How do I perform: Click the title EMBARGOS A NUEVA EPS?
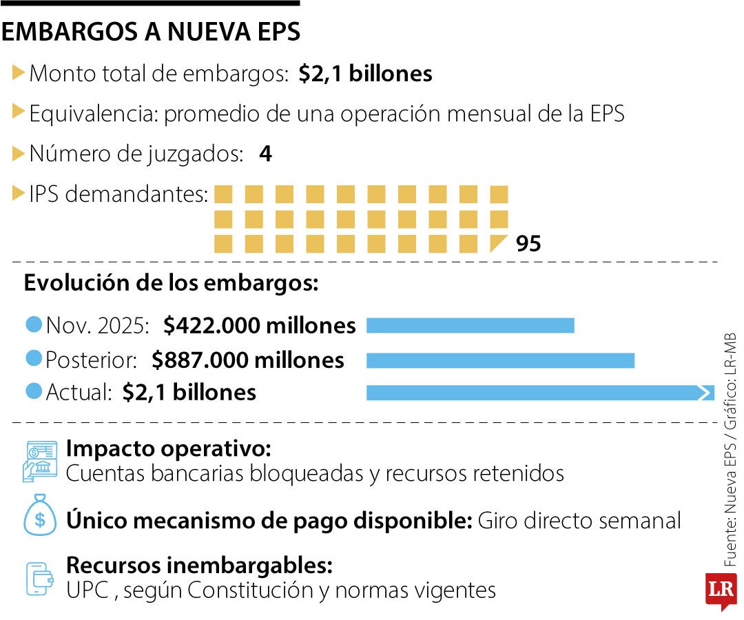click(x=152, y=32)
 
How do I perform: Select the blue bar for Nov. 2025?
click(x=470, y=325)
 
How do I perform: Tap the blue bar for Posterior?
click(x=500, y=360)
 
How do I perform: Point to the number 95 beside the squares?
click(x=528, y=244)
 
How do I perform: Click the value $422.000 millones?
click(x=260, y=325)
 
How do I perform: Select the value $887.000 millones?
click(x=248, y=360)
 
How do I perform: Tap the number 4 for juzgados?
click(x=265, y=154)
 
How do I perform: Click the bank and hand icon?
click(x=40, y=460)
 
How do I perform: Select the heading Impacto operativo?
click(x=169, y=449)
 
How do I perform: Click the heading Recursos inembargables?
click(x=200, y=566)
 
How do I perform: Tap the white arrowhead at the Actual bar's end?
click(x=705, y=393)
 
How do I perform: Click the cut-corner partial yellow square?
click(x=497, y=243)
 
